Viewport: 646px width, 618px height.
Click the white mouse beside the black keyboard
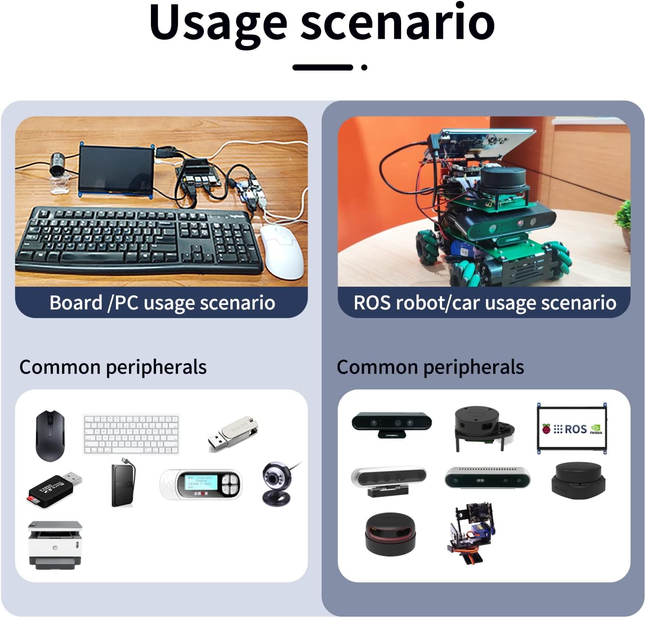point(282,251)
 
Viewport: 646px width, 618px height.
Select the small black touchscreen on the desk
point(116,169)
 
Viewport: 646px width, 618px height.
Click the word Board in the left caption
point(76,303)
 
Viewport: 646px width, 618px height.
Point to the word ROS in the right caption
point(372,303)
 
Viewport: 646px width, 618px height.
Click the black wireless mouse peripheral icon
point(50,436)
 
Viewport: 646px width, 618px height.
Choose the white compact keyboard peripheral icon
point(131,434)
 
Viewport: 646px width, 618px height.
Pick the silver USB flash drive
point(233,433)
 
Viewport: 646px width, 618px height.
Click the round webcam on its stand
point(276,483)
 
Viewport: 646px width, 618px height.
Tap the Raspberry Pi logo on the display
point(546,428)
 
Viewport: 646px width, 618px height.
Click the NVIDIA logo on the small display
point(596,429)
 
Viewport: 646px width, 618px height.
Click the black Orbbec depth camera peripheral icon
point(391,423)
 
